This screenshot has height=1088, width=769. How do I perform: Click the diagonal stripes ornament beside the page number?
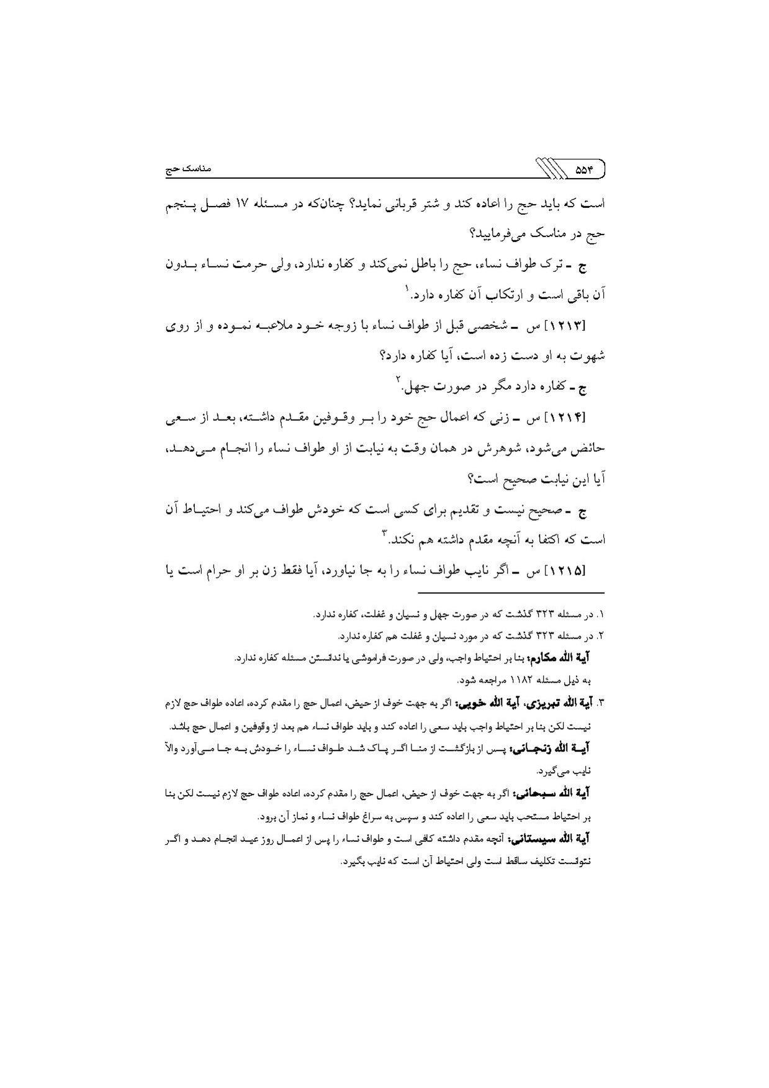(544, 169)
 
